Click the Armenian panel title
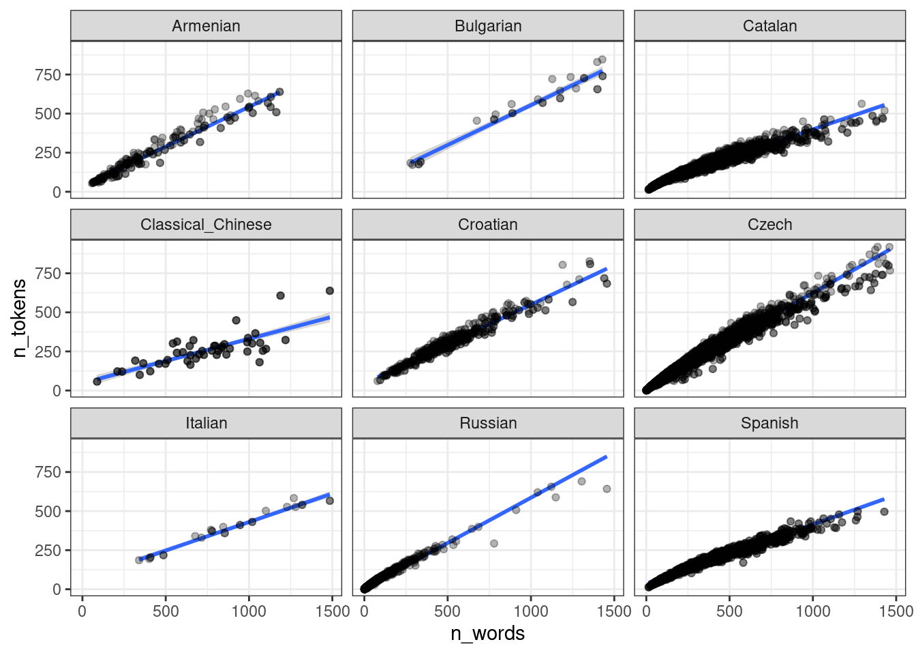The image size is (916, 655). [x=206, y=26]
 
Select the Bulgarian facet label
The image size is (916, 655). [x=488, y=26]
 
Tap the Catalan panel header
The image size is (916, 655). [x=769, y=26]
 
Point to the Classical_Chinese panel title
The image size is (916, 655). [x=206, y=224]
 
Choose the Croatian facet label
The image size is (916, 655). [x=488, y=224]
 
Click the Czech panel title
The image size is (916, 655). [x=769, y=224]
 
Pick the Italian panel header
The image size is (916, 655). [x=206, y=423]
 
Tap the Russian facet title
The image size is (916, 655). [x=488, y=423]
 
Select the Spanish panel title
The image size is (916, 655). [x=769, y=423]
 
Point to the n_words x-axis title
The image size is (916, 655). [x=487, y=634]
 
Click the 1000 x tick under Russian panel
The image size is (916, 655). [x=531, y=611]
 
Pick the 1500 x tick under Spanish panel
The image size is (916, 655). [x=896, y=611]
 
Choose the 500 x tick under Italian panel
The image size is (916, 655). [x=166, y=611]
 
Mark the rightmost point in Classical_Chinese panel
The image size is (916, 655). [x=330, y=291]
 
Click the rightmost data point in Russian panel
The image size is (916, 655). [x=607, y=489]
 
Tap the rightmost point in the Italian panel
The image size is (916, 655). [x=330, y=501]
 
